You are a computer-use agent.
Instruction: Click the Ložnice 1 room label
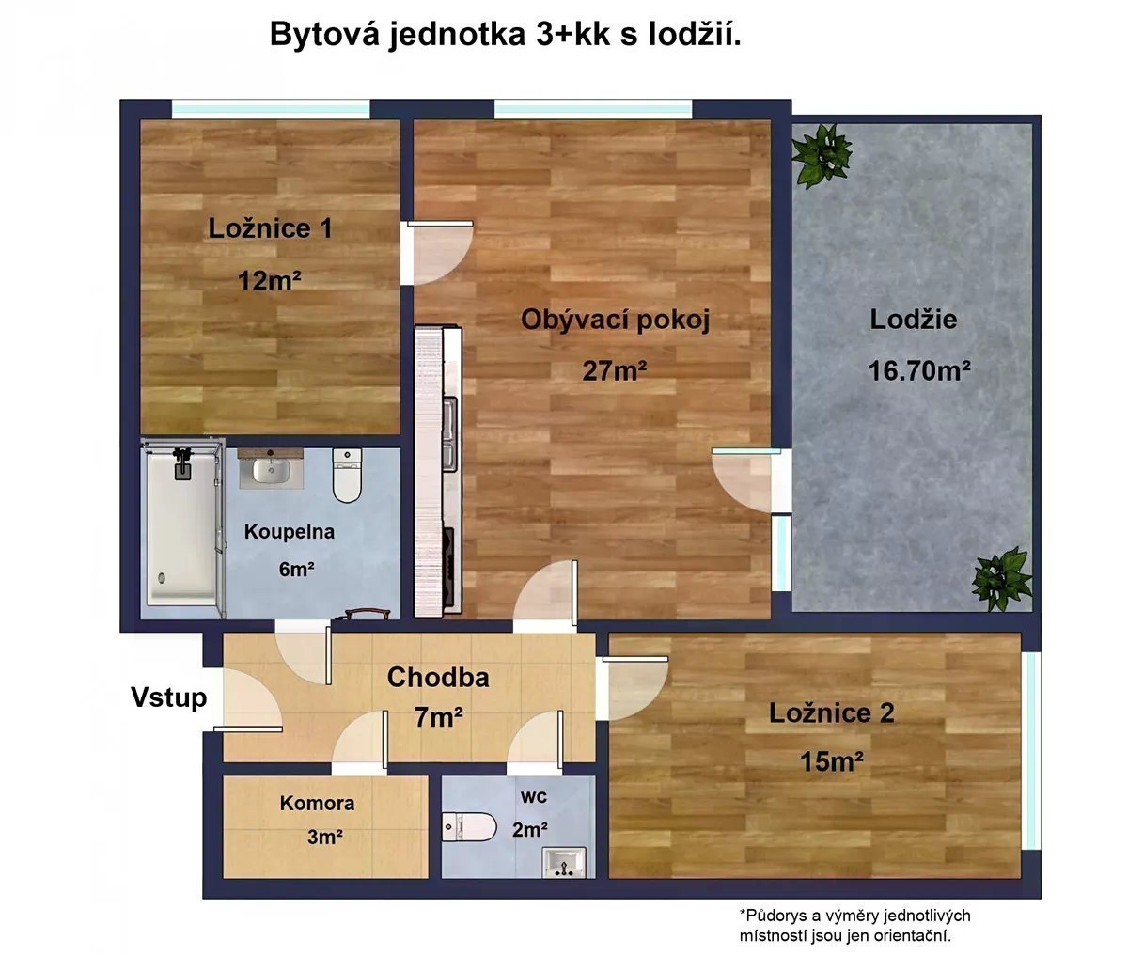(x=270, y=228)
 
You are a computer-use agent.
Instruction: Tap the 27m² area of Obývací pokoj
(x=615, y=371)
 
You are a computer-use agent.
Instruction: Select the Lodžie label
(x=913, y=320)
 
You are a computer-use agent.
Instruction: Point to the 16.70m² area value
(x=919, y=371)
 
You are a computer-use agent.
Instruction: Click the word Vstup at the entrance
(x=169, y=697)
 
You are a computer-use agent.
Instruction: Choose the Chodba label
(x=438, y=677)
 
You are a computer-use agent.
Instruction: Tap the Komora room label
(x=317, y=803)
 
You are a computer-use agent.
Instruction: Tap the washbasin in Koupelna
(x=272, y=468)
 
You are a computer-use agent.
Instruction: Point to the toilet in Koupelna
(x=347, y=476)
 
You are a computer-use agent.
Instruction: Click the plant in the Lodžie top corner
(x=822, y=154)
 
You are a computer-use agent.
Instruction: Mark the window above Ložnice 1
(x=272, y=109)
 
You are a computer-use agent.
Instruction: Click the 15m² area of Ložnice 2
(x=832, y=761)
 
